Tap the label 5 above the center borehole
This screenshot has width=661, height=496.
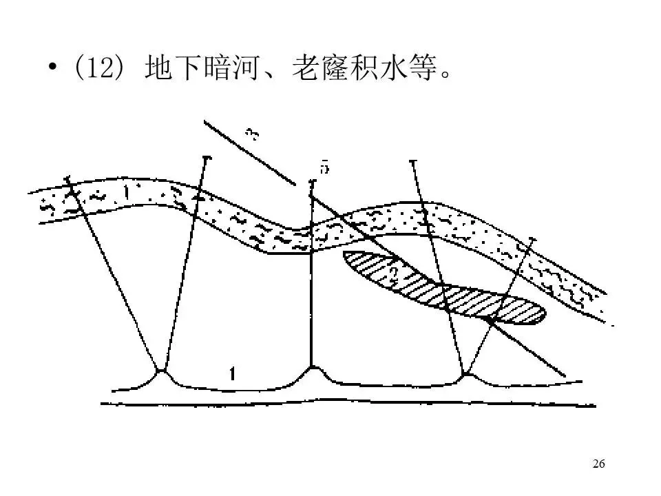pyautogui.click(x=324, y=167)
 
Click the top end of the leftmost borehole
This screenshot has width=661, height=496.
pyautogui.click(x=68, y=180)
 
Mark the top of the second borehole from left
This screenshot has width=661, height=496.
pyautogui.click(x=206, y=158)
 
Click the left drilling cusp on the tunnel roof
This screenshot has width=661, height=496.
pyautogui.click(x=163, y=370)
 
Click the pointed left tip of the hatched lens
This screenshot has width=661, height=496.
pyautogui.click(x=345, y=256)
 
